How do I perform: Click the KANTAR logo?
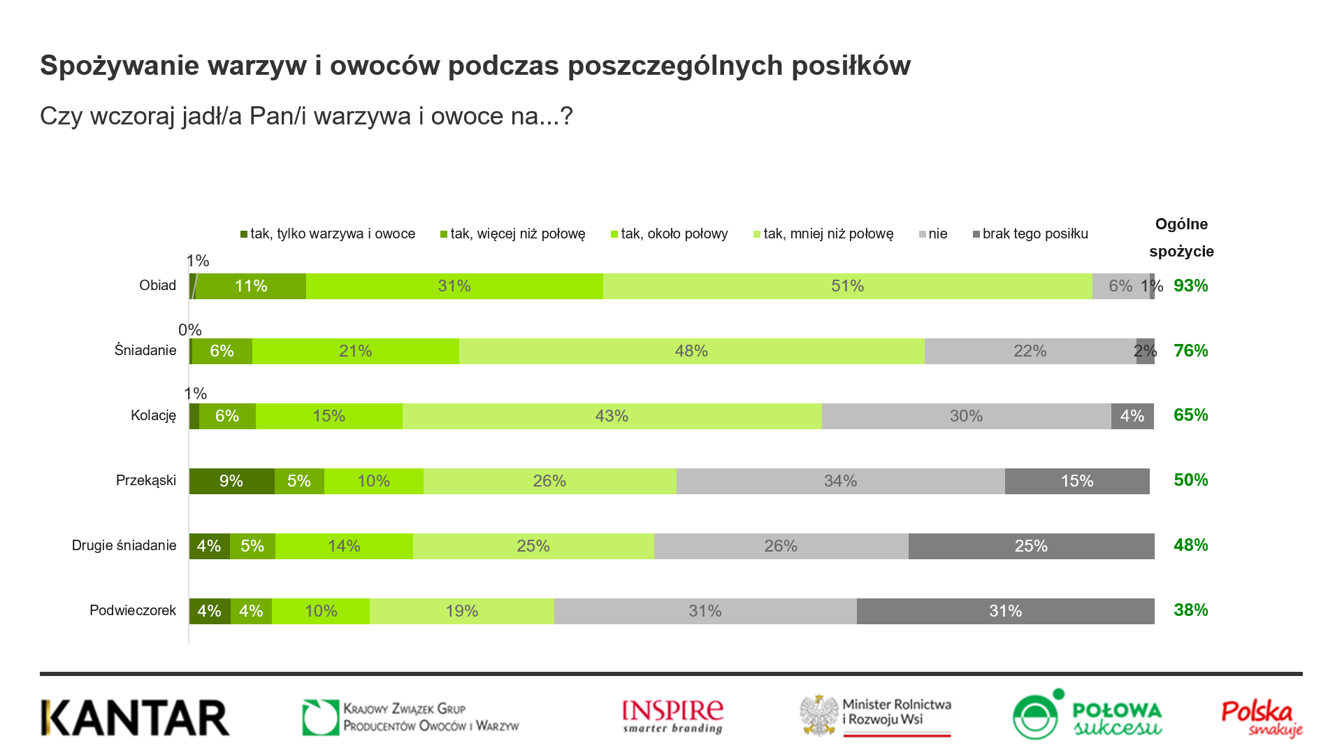point(135,718)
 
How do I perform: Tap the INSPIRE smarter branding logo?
point(672,717)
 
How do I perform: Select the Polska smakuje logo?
point(1262,719)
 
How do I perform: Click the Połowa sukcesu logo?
point(1087,715)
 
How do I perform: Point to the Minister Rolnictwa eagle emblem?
point(820,715)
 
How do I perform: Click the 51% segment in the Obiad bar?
point(847,286)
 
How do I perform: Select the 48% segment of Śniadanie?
point(691,351)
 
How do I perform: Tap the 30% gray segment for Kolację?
point(966,416)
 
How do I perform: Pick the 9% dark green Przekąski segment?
point(231,481)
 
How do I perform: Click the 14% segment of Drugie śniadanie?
point(344,546)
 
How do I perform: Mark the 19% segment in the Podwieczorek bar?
point(461,611)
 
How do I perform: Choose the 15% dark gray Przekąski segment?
point(1076,481)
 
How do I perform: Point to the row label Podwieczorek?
point(133,610)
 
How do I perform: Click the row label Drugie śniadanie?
point(124,545)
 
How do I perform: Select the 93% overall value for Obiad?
point(1190,285)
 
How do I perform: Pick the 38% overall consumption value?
point(1190,610)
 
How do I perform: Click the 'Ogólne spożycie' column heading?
point(1181,238)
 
